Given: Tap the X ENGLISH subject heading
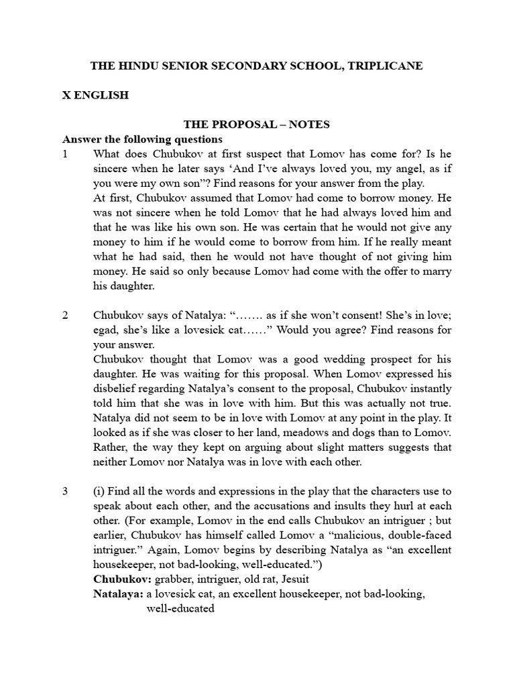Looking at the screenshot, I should point(95,95).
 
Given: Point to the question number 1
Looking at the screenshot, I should point(65,153).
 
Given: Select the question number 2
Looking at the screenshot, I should point(65,316).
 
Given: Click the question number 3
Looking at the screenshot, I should point(65,491).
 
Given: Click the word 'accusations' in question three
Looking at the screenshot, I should point(249,506).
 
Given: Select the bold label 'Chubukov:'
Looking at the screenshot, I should point(119,579).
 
